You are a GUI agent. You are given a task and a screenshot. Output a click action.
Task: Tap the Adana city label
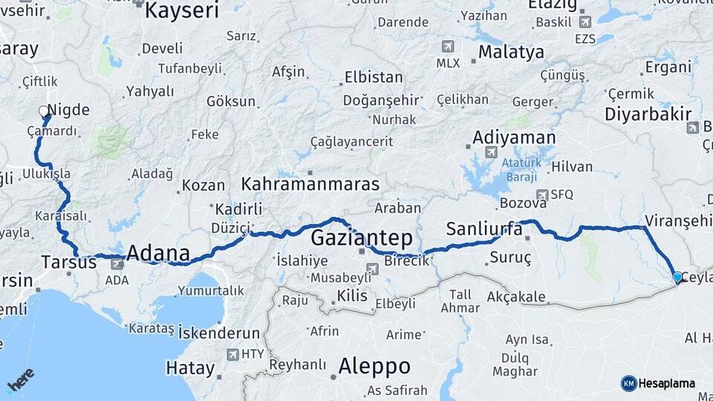tap(157, 252)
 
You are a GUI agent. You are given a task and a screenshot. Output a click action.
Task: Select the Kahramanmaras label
tap(310, 184)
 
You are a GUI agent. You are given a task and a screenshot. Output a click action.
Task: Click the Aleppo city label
tap(374, 365)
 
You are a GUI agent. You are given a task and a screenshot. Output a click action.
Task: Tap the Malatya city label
tap(511, 53)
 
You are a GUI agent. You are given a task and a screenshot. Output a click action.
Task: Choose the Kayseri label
tap(182, 10)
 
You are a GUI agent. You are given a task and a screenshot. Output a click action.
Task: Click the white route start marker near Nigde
tap(44, 111)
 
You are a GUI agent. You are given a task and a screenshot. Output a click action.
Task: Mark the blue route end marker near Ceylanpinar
tap(677, 277)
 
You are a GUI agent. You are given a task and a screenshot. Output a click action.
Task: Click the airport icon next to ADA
tap(117, 264)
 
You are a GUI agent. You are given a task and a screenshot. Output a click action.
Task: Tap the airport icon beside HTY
tap(233, 354)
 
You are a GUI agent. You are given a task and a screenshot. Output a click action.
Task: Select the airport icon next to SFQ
tap(544, 194)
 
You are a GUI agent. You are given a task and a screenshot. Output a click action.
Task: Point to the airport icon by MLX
tap(448, 47)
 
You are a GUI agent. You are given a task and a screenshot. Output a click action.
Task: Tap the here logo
tap(20, 379)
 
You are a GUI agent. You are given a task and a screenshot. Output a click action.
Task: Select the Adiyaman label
tap(514, 137)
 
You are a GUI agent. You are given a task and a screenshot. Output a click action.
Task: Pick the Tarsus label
tap(68, 261)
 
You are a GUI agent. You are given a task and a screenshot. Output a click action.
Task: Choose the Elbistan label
tap(374, 77)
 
